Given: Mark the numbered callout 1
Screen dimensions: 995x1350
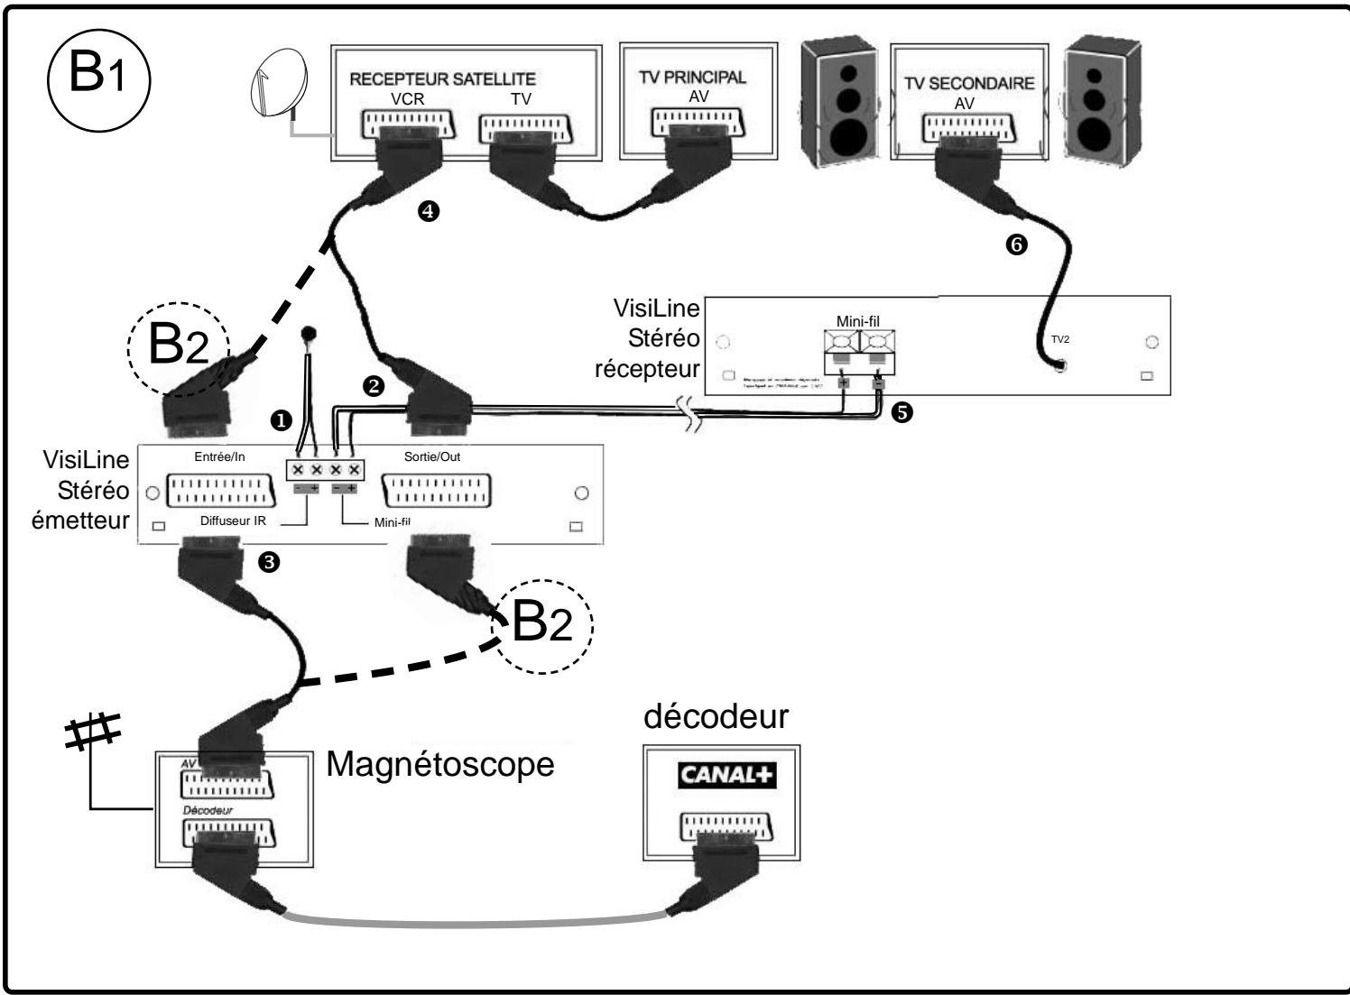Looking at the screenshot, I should click(282, 420).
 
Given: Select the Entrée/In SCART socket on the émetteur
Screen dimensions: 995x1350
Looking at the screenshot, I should click(221, 493).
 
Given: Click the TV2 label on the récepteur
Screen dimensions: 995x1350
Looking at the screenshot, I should click(1061, 339).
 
